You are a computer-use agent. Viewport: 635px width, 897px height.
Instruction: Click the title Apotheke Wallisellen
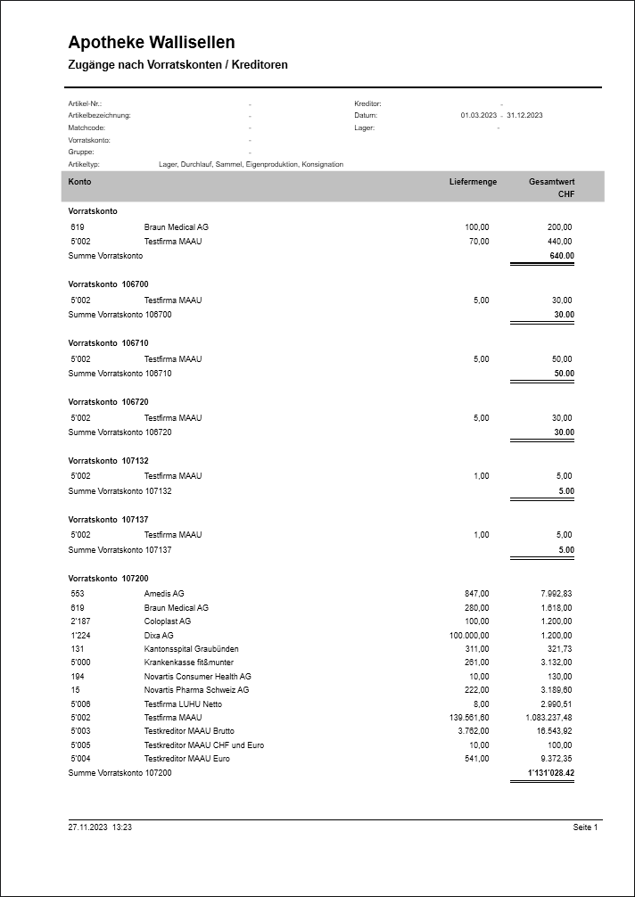point(152,43)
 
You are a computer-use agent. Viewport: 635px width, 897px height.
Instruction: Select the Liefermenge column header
point(473,182)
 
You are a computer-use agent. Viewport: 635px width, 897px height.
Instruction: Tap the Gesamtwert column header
point(551,182)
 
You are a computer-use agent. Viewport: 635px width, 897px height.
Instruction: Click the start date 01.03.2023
point(479,116)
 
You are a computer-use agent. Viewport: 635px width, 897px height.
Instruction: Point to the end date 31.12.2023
point(524,116)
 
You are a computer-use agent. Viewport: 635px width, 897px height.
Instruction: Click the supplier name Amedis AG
point(164,593)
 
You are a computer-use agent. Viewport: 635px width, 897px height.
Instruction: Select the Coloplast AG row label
point(168,621)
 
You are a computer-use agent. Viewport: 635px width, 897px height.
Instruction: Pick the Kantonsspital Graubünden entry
point(191,649)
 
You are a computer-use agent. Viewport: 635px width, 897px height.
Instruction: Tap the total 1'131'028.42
point(550,773)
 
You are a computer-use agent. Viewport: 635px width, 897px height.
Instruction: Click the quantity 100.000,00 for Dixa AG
point(469,635)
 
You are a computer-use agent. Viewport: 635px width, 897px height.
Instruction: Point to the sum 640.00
point(562,256)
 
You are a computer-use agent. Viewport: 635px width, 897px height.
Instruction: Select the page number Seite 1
point(585,827)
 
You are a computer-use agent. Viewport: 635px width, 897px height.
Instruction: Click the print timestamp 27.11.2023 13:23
point(100,827)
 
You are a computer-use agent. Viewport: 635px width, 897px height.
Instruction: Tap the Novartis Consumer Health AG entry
point(197,677)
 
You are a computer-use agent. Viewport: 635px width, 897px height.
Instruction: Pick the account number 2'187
point(80,621)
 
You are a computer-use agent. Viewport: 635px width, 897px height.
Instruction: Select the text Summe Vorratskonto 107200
point(120,773)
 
